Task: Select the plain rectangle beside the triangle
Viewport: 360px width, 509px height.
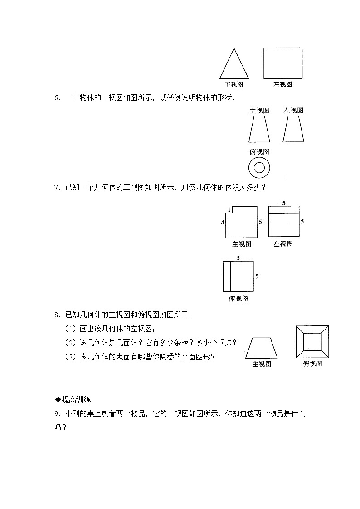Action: pos(283,63)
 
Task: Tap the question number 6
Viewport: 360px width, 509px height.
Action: pos(56,97)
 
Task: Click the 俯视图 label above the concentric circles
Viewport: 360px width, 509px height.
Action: pos(259,152)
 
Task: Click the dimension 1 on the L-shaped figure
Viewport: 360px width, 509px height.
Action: pos(230,209)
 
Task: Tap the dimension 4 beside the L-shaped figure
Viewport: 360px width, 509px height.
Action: pos(223,222)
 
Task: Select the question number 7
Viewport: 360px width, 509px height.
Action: pos(56,187)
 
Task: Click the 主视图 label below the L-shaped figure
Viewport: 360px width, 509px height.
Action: pos(242,244)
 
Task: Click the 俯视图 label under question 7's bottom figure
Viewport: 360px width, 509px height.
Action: pos(238,298)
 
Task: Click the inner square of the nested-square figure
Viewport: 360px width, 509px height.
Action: pos(312,342)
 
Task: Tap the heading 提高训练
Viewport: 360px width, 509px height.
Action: pos(76,399)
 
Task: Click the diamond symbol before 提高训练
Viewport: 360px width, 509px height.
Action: pos(58,399)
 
